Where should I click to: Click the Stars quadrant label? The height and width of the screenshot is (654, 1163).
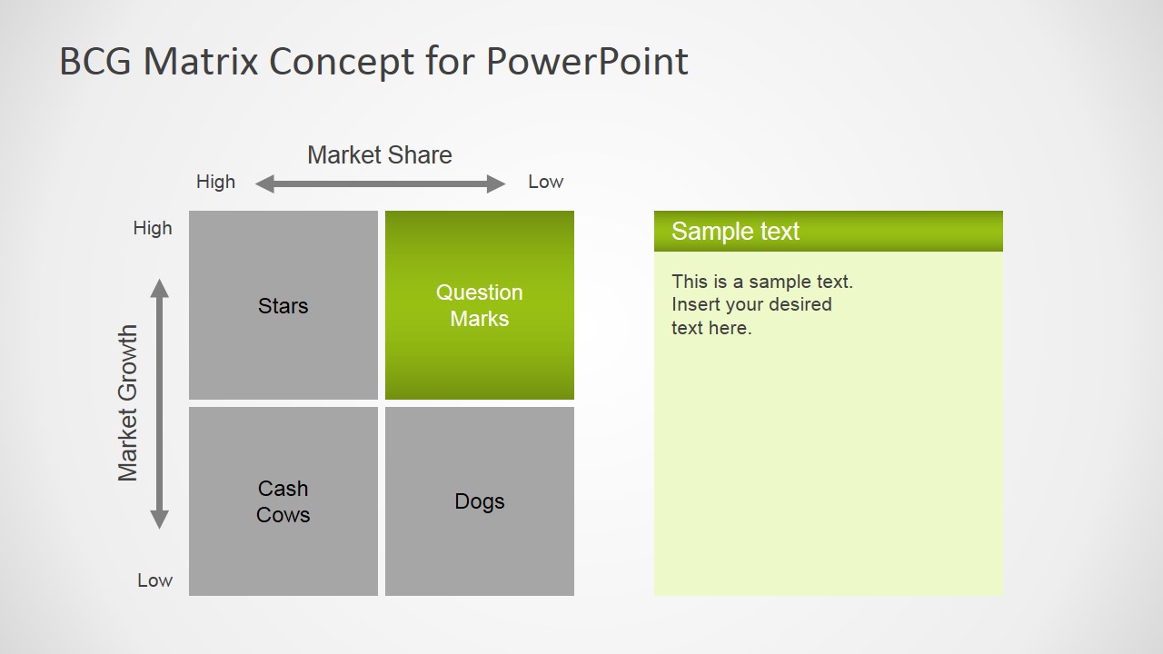(x=283, y=306)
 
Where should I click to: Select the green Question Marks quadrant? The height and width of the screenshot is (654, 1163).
(x=479, y=305)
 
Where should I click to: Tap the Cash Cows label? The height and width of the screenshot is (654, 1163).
(x=283, y=501)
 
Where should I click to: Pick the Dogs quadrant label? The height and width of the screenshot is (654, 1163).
(x=479, y=502)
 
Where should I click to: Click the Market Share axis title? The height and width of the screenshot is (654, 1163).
(x=380, y=154)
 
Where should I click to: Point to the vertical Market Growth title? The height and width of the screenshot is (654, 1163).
(x=128, y=403)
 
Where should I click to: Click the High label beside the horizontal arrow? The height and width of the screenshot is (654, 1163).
(x=215, y=182)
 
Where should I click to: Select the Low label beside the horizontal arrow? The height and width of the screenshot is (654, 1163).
(x=545, y=182)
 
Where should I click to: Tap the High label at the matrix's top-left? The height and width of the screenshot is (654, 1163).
(x=152, y=228)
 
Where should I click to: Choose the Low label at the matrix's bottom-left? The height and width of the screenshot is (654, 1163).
(x=154, y=580)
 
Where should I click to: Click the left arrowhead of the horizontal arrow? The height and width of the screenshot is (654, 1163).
(x=264, y=183)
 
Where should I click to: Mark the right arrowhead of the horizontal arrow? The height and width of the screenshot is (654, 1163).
(x=496, y=183)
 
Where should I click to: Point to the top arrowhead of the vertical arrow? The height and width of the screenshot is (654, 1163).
(x=159, y=289)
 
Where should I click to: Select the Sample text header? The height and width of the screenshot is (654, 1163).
(x=735, y=231)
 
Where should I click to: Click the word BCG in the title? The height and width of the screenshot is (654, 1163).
(x=95, y=61)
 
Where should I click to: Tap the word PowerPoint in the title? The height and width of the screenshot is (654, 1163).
(x=587, y=61)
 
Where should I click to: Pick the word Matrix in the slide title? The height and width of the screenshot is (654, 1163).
(x=201, y=61)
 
